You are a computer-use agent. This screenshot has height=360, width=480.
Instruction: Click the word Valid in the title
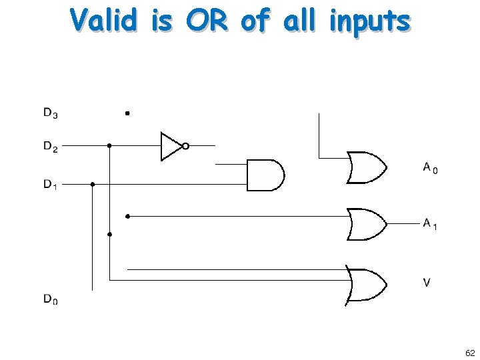(x=105, y=21)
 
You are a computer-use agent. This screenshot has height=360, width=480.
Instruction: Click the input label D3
(x=51, y=114)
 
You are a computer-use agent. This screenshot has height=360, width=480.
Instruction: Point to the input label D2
(x=51, y=146)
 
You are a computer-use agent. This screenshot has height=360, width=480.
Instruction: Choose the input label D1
(x=51, y=185)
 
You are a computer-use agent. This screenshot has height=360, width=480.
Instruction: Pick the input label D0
(x=51, y=301)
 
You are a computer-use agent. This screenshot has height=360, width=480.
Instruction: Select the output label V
(x=426, y=283)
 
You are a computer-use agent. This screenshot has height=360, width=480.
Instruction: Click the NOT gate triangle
(x=170, y=146)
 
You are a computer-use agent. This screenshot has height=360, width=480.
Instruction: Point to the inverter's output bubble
(x=185, y=146)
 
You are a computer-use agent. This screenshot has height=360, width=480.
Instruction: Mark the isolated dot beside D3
(x=127, y=113)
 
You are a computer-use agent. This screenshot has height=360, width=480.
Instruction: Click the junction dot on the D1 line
(x=93, y=184)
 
